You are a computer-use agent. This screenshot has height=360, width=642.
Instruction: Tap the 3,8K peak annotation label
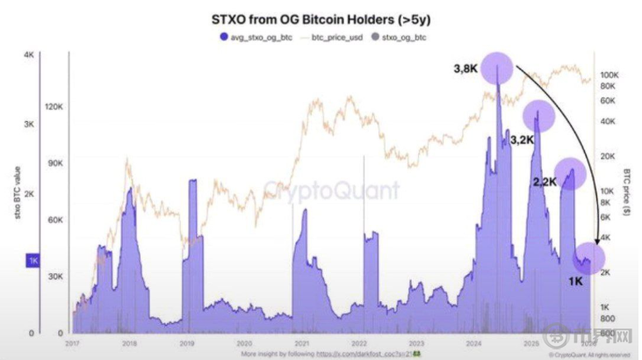click(467, 68)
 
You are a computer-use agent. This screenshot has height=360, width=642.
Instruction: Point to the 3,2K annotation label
click(522, 139)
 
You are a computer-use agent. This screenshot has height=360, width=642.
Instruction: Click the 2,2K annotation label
click(545, 182)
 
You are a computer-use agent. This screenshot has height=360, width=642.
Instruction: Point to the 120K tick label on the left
click(53, 106)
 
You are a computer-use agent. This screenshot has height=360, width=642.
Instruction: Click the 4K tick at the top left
click(28, 54)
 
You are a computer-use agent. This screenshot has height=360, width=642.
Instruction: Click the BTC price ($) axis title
click(629, 194)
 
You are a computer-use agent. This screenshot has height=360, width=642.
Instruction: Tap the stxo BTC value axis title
click(18, 194)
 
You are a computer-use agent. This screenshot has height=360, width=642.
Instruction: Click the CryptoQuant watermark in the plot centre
click(332, 190)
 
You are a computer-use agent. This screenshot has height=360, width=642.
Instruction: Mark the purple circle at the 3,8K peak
click(498, 67)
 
